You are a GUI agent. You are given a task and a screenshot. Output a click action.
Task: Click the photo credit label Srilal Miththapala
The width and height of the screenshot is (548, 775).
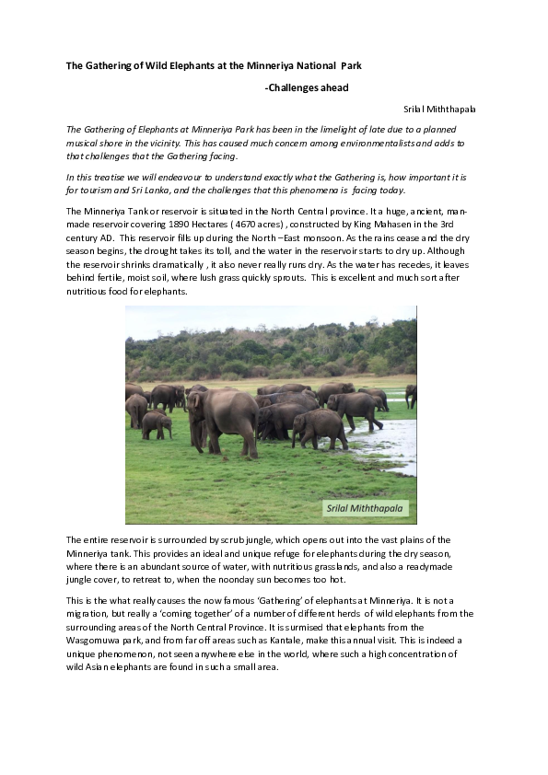pyautogui.click(x=366, y=508)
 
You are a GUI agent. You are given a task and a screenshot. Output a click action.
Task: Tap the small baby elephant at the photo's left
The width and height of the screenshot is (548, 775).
pyautogui.click(x=156, y=423)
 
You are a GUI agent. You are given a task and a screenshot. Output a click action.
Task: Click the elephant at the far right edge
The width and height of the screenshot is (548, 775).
pyautogui.click(x=411, y=396)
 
